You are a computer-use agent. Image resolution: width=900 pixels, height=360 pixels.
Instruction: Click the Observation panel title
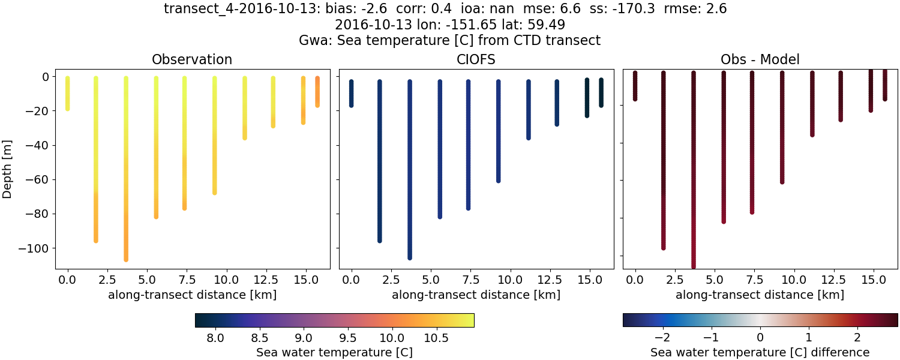click(x=192, y=59)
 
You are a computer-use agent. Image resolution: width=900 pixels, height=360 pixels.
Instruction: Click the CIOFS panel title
click(x=476, y=59)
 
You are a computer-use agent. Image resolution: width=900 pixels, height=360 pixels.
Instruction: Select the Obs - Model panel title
click(x=760, y=59)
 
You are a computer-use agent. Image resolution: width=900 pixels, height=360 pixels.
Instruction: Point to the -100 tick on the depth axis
click(x=37, y=248)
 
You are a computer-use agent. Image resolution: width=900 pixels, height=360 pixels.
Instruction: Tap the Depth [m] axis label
click(x=8, y=169)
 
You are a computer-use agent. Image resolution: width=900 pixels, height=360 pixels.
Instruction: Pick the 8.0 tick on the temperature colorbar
click(x=215, y=338)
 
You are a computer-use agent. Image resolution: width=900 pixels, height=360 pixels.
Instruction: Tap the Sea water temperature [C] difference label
click(x=760, y=352)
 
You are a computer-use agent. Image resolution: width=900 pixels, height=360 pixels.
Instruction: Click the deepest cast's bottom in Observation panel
click(x=126, y=259)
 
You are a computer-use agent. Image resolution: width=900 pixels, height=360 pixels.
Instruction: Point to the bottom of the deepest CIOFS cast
click(x=410, y=257)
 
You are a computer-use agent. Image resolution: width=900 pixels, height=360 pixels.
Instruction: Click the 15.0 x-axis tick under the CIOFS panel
click(x=589, y=280)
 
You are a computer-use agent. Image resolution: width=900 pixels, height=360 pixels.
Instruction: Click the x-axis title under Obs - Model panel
click(x=760, y=295)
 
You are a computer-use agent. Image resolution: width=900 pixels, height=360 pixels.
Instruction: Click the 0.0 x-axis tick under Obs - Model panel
click(x=635, y=280)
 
